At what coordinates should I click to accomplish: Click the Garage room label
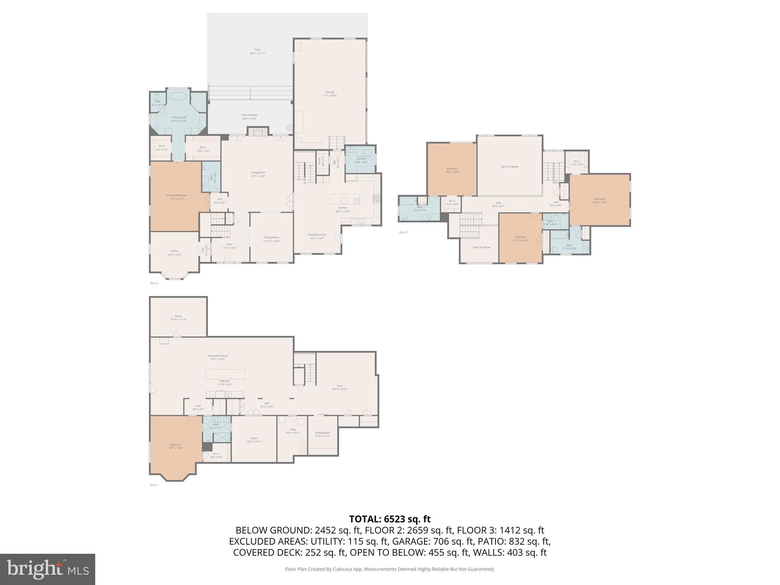pos(329,94)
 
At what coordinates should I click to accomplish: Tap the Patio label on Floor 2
pos(258,51)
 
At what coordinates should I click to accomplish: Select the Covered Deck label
pos(249,117)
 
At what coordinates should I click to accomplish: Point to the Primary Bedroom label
pos(176,197)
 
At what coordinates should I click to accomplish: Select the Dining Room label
pos(271,239)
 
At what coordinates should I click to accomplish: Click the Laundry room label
pos(361,160)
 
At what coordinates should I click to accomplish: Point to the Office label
pos(174,253)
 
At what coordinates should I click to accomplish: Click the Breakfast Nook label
pos(317,236)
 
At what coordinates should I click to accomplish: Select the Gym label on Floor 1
pos(339,387)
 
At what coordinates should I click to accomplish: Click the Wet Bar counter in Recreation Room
pos(225,374)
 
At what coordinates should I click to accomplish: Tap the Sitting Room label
pos(322,434)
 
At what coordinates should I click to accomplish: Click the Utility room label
pos(292,431)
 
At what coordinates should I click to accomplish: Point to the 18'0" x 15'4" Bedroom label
pos(599,200)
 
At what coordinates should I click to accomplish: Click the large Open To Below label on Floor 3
pos(509,167)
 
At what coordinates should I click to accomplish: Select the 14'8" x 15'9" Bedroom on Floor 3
pos(452,170)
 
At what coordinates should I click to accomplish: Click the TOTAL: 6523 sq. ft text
pos(390,519)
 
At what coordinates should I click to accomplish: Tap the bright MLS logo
pos(47,569)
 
